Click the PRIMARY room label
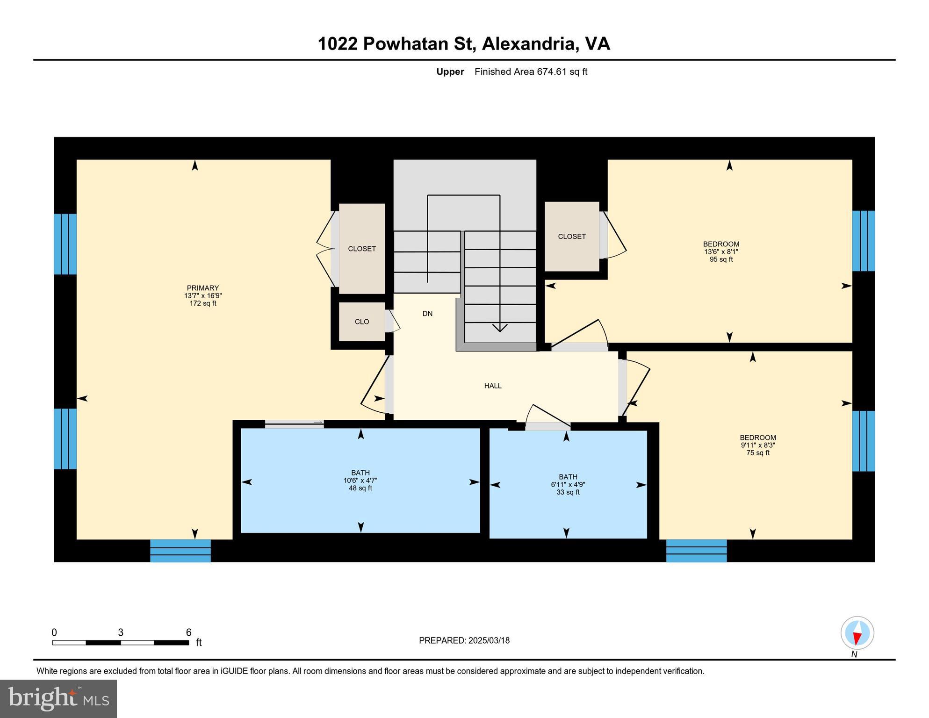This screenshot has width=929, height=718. point(202,288)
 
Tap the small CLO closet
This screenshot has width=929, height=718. point(361,322)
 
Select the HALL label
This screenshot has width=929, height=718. point(493,386)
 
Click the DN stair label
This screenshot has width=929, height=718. point(427,314)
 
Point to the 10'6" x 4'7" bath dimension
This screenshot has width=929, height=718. point(360,481)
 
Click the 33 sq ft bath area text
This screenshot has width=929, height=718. point(568,492)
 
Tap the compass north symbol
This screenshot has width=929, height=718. point(857,634)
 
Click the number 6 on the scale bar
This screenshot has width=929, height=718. point(188,632)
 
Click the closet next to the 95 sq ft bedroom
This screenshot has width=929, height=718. point(571,237)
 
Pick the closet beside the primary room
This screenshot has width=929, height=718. point(361,249)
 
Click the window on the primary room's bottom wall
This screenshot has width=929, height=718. point(180,551)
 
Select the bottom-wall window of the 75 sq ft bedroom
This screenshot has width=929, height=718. point(696,551)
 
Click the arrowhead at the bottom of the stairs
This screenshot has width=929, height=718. point(500,328)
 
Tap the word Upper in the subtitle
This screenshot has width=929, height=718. point(450,72)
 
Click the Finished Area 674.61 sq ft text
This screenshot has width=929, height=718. point(531,72)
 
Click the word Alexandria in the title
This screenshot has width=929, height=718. point(528,43)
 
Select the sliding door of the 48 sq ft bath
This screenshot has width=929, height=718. point(294,424)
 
